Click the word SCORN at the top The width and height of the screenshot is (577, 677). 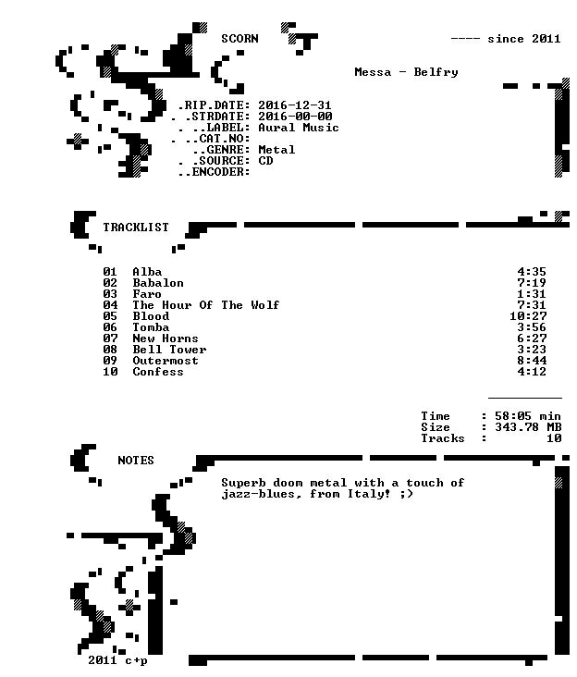pos(239,39)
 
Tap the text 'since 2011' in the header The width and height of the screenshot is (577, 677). pos(524,39)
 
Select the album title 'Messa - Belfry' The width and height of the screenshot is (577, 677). pos(406,72)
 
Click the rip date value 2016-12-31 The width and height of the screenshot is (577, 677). pos(295,105)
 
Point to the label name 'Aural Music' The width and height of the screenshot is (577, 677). pos(299,128)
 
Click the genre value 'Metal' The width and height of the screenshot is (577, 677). pos(276,150)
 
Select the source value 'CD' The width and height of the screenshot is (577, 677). pos(265,161)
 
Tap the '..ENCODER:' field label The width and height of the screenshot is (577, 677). pos(214,172)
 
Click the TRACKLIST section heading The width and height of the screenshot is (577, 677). pos(136,228)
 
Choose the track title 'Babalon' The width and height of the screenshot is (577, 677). pos(158,283)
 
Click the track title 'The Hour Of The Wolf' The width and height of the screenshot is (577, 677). pos(206,305)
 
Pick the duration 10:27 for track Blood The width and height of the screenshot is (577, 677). pos(528,316)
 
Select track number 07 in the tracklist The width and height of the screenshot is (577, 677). pos(110,338)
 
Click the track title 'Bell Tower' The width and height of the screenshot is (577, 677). pos(169,350)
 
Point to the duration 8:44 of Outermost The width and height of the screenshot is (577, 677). pos(532,361)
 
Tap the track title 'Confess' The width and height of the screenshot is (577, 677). pos(158,372)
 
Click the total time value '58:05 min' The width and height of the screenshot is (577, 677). pos(528,416)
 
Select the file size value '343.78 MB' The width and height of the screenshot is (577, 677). pos(528,427)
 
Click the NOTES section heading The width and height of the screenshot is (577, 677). pos(136,461)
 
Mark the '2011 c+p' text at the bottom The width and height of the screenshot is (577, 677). pos(117,660)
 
